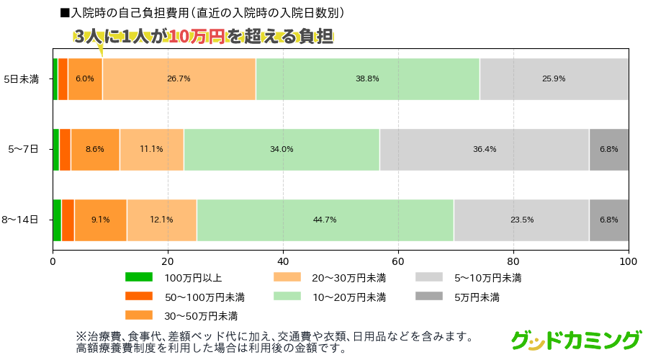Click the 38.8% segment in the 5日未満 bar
pyautogui.click(x=367, y=78)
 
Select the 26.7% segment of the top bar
pyautogui.click(x=179, y=78)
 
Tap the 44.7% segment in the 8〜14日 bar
pyautogui.click(x=325, y=220)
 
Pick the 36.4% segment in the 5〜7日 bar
pyautogui.click(x=484, y=149)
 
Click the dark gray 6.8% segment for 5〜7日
pyautogui.click(x=608, y=149)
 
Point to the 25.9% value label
pyautogui.click(x=554, y=78)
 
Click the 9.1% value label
pyautogui.click(x=101, y=220)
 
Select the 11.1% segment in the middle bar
pyautogui.click(x=151, y=149)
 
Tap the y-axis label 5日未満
pyautogui.click(x=21, y=79)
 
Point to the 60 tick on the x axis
pyautogui.click(x=398, y=262)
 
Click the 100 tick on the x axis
pyautogui.click(x=629, y=262)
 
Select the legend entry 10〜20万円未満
pyautogui.click(x=349, y=297)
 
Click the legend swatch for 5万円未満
pyautogui.click(x=428, y=296)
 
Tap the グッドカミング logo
pyautogui.click(x=576, y=339)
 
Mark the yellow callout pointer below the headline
pyautogui.click(x=101, y=50)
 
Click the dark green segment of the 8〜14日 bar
pyautogui.click(x=57, y=220)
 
